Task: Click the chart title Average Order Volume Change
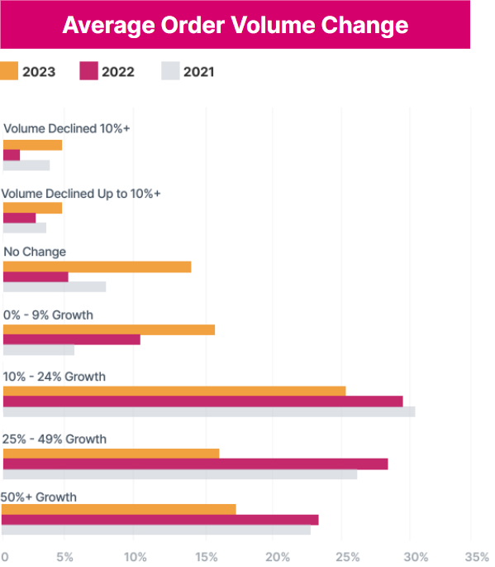pyautogui.click(x=236, y=25)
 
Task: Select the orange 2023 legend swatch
pyautogui.click(x=11, y=71)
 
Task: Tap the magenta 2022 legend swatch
pyautogui.click(x=89, y=71)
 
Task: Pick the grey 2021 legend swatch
pyautogui.click(x=170, y=71)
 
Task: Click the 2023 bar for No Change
pyautogui.click(x=98, y=267)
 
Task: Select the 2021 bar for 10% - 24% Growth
pyautogui.click(x=209, y=411)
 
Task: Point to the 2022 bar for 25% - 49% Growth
pyautogui.click(x=196, y=464)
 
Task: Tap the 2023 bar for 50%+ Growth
pyautogui.click(x=120, y=509)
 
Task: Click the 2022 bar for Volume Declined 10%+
pyautogui.click(x=12, y=155)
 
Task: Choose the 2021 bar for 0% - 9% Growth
pyautogui.click(x=39, y=350)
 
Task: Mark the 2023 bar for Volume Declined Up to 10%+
pyautogui.click(x=33, y=208)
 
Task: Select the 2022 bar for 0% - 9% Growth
pyautogui.click(x=72, y=339)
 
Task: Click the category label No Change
pyautogui.click(x=35, y=252)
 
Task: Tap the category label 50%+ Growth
pyautogui.click(x=39, y=497)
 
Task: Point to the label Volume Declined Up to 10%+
pyautogui.click(x=81, y=193)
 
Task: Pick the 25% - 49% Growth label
pyautogui.click(x=55, y=439)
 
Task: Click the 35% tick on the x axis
pyautogui.click(x=478, y=556)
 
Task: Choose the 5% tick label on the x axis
pyautogui.click(x=64, y=556)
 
